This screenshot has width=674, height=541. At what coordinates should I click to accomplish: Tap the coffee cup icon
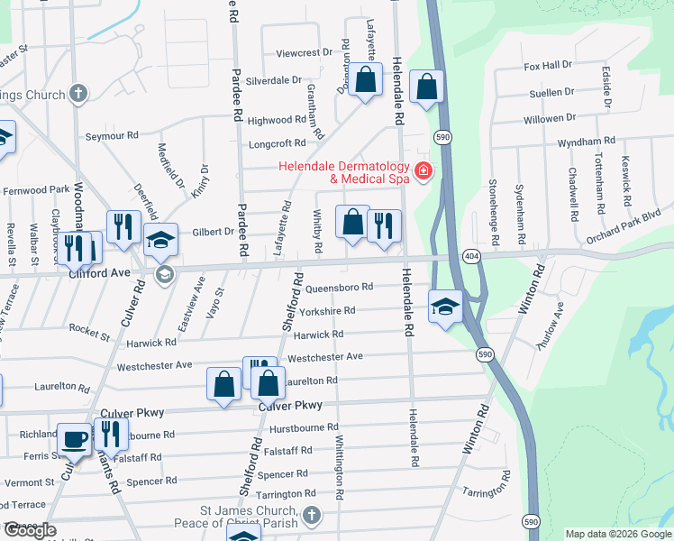coord(75,439)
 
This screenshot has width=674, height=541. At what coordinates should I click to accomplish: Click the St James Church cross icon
coord(311,517)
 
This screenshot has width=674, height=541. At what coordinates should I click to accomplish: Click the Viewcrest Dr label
coord(298,53)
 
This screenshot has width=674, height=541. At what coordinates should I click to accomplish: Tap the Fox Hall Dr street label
coord(548,66)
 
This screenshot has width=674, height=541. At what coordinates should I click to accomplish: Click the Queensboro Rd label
coord(339,288)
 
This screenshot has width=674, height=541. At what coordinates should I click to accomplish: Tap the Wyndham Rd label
coord(586,142)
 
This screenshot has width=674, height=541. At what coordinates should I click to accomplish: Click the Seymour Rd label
coord(112,135)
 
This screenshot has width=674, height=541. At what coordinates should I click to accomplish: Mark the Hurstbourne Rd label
coord(305,427)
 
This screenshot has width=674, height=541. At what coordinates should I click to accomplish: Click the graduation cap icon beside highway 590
coord(445,307)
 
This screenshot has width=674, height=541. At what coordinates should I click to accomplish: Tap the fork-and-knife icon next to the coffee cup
coord(111,434)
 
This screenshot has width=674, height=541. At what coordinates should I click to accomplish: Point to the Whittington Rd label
coord(340,469)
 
